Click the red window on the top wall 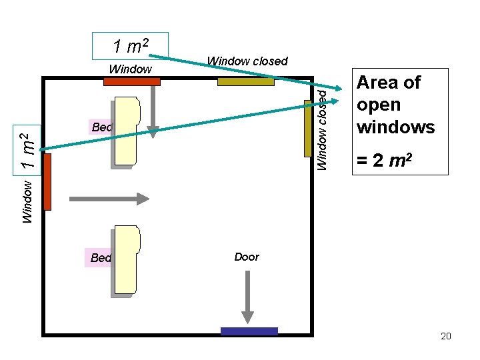coord(132,82)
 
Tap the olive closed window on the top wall coord(245,82)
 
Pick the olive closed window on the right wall coord(308,128)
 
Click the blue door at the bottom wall coord(249,331)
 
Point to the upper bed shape coord(127,131)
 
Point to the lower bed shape coord(127,260)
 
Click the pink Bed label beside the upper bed coord(100,127)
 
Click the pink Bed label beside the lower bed coord(99,258)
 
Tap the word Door coord(247,257)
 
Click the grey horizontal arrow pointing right coord(111,198)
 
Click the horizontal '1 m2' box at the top coord(130,46)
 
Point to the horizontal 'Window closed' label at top coord(247,61)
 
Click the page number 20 coord(446,335)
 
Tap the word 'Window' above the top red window coord(130,69)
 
